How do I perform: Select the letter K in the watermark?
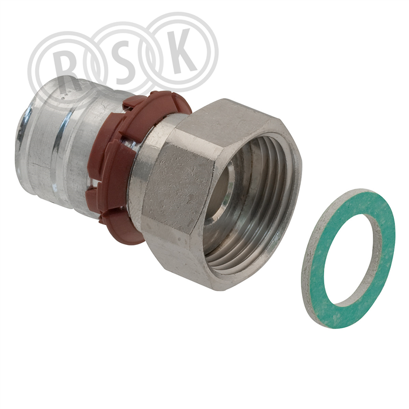(181, 51)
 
